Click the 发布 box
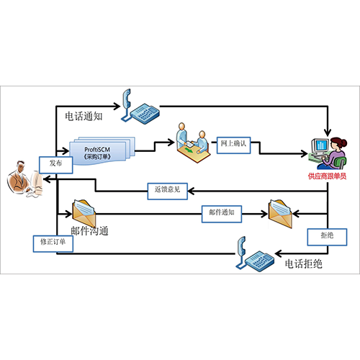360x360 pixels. (x=56, y=165)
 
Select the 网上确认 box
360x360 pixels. (x=233, y=145)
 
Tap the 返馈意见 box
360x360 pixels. (x=167, y=191)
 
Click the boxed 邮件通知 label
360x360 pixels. (x=222, y=214)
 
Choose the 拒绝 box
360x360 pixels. (x=327, y=237)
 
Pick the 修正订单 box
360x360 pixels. (x=53, y=243)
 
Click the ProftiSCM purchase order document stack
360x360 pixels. (x=102, y=151)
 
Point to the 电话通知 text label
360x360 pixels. (x=84, y=117)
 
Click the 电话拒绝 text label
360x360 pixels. (x=304, y=264)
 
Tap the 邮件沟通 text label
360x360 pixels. (x=89, y=231)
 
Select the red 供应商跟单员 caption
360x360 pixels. (x=328, y=176)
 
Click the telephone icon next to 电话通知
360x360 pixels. (x=140, y=107)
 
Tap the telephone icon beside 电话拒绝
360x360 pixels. (x=255, y=254)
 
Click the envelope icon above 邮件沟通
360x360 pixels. (x=84, y=213)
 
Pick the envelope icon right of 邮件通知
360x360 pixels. (x=280, y=214)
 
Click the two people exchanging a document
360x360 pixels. (x=194, y=143)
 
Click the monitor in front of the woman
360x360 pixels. (x=320, y=146)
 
